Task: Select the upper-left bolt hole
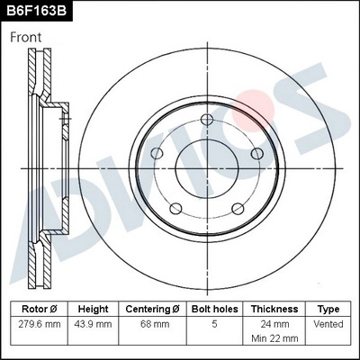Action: point(157,153)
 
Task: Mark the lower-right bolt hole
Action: point(236,208)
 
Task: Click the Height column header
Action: point(93,309)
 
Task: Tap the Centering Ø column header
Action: point(153,309)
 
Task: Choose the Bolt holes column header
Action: point(214,309)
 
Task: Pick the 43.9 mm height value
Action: point(93,323)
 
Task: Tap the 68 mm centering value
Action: point(153,323)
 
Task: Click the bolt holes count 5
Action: point(214,323)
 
